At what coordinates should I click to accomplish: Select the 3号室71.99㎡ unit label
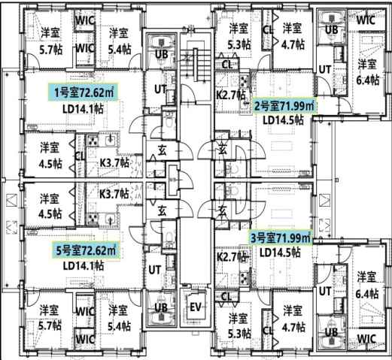tap(280, 238)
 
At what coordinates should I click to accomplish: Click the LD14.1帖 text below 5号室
tap(86, 265)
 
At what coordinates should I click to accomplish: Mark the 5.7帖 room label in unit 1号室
tap(50, 40)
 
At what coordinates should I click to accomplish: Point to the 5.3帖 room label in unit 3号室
tap(238, 325)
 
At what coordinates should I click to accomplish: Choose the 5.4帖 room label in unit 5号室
tap(119, 316)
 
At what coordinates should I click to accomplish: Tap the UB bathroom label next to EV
tap(160, 307)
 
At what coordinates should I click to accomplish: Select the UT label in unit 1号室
tap(160, 89)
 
